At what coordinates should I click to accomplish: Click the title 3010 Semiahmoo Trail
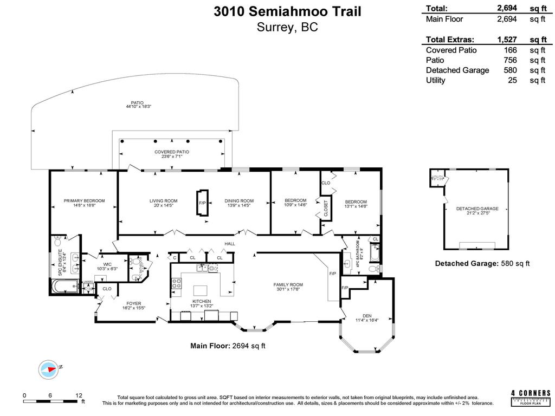tap(287, 11)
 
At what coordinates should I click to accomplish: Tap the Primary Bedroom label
tap(84, 201)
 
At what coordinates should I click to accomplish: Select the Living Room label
tap(164, 201)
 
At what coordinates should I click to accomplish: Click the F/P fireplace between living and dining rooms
tap(202, 203)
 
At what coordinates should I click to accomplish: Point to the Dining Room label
tap(239, 201)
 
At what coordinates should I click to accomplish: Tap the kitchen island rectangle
tap(200, 290)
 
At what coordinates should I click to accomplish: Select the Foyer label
tap(134, 303)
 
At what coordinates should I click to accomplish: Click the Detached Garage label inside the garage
tap(477, 209)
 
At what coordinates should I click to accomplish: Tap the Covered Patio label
tap(172, 152)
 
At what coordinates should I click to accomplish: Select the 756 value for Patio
tap(510, 60)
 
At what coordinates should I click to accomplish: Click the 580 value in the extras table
tap(510, 70)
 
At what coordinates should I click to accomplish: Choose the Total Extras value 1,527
tap(507, 40)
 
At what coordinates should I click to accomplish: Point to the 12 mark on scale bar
tap(79, 395)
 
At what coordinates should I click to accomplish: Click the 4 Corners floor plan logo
tap(531, 398)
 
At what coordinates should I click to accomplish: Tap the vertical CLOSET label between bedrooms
tap(326, 208)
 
